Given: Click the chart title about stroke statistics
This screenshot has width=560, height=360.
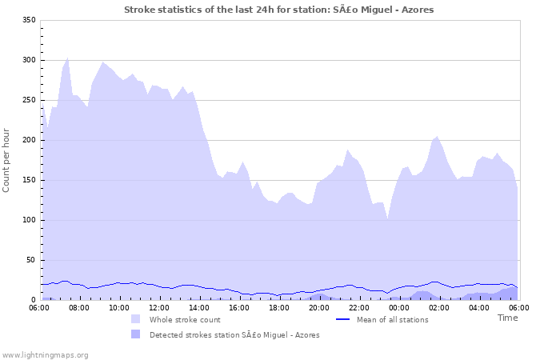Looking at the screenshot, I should [x=279, y=10].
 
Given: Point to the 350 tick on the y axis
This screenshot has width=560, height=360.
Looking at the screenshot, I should [x=29, y=20].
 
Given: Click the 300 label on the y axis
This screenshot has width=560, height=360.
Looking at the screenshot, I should [x=29, y=60].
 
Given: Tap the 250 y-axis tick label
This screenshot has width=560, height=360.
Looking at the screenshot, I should [x=29, y=100].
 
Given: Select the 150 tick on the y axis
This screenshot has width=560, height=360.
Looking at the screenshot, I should [x=29, y=180].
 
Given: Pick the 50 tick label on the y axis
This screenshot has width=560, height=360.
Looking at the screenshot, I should [x=31, y=260].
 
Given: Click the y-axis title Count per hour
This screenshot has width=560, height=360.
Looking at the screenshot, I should [x=7, y=159].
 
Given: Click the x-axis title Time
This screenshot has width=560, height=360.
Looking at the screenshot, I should [x=507, y=318].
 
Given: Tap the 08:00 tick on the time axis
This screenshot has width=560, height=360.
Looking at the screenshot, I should [x=80, y=307].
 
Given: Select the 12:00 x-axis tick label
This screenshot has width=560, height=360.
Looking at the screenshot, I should [x=160, y=307].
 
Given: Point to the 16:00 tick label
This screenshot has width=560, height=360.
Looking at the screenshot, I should [x=239, y=307].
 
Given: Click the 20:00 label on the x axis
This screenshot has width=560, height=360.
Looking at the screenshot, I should [x=319, y=307].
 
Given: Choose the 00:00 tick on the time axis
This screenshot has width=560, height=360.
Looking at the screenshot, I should [x=399, y=307].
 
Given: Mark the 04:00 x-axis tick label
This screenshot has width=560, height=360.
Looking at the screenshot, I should [x=479, y=307].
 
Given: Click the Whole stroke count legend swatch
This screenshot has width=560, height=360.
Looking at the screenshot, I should [x=136, y=319].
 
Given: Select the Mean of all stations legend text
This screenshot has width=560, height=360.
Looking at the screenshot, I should [x=394, y=320].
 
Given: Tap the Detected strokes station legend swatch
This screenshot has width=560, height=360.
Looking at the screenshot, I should [x=136, y=334].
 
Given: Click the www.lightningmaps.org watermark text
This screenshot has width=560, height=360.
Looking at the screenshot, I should [x=45, y=354].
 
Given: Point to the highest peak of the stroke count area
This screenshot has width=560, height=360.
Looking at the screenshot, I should [x=67, y=58].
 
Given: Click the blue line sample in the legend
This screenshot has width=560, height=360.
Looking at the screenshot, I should [x=343, y=319].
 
